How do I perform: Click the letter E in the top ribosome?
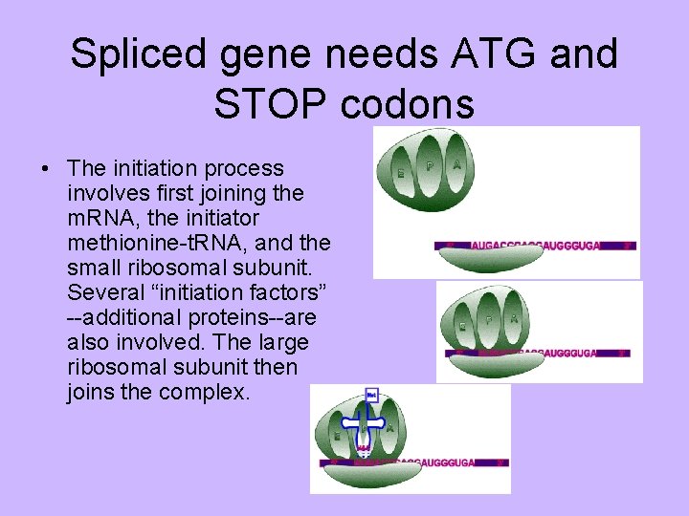[x=399, y=172]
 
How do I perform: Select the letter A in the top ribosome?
[x=458, y=165]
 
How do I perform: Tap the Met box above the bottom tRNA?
[x=371, y=394]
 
